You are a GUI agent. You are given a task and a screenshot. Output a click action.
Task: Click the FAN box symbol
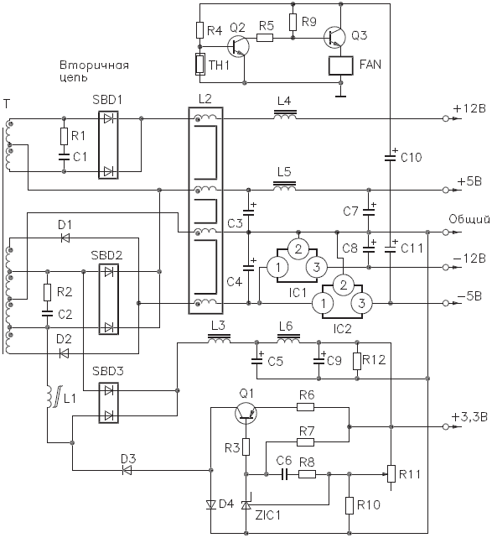click(340, 65)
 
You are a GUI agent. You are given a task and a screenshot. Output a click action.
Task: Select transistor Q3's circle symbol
click(334, 38)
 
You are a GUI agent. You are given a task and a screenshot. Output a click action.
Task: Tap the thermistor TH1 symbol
click(200, 64)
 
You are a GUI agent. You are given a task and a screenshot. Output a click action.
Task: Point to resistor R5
click(265, 38)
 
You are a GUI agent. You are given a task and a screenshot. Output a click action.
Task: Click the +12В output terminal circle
click(445, 118)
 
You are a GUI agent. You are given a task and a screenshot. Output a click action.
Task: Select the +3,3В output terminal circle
click(445, 427)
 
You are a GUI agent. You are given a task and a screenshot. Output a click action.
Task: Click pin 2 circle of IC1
click(298, 249)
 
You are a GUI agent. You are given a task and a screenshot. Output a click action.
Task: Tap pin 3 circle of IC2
click(361, 303)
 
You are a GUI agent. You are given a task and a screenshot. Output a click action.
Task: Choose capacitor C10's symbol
click(391, 157)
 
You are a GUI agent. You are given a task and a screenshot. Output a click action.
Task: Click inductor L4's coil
click(285, 116)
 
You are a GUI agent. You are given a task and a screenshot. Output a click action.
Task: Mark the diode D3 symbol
click(127, 470)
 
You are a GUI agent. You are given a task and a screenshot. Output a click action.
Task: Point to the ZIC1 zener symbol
click(246, 504)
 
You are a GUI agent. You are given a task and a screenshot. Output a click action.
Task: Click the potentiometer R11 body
click(391, 474)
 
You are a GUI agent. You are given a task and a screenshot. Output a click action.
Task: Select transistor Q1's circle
click(246, 414)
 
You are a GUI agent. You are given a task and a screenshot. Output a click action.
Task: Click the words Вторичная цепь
click(94, 71)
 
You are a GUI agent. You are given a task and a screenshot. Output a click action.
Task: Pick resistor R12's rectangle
click(357, 361)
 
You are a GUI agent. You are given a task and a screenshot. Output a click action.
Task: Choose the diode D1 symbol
click(65, 238)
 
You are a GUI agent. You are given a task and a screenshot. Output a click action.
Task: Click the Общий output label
click(469, 220)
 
